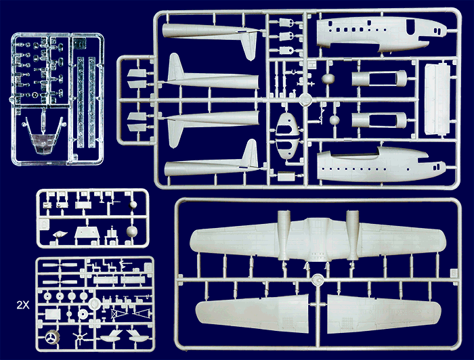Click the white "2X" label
pyautogui.click(x=23, y=305)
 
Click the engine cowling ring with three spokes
pyautogui.click(x=52, y=338)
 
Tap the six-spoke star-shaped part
pyautogui.click(x=80, y=337)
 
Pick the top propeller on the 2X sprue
pyautogui.click(x=60, y=265)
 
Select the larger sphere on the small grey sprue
pyautogui.click(x=132, y=231)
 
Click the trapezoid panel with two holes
pyautogui.click(x=87, y=233)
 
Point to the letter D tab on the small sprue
pyautogui.click(x=44, y=224)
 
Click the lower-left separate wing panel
pyautogui.click(x=252, y=313)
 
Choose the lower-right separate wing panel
pyautogui.click(x=384, y=313)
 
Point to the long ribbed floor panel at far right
pyautogui.click(x=437, y=99)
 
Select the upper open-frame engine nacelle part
pyautogui.click(x=379, y=78)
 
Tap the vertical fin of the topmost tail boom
pyautogui.click(x=250, y=45)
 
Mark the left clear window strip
pyautogui.click(x=81, y=102)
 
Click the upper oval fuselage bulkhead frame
pyautogui.click(x=287, y=124)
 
